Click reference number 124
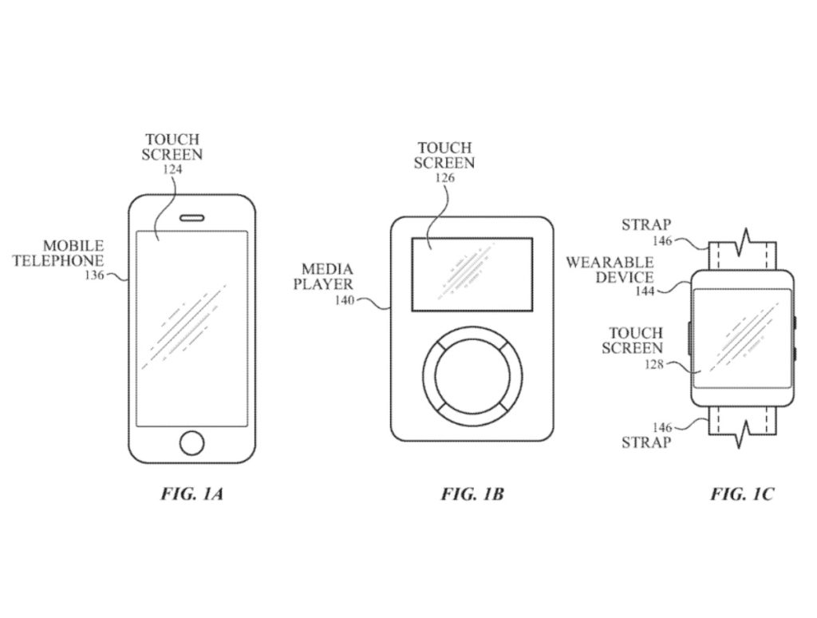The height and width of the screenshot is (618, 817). coord(172,169)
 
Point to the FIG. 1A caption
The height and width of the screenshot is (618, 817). coord(192,494)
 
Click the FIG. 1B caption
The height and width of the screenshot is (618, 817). coord(472,494)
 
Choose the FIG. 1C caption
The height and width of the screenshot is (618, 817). coord(742,494)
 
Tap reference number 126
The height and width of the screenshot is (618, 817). coord(444,179)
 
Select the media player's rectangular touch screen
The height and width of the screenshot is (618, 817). coord(472,274)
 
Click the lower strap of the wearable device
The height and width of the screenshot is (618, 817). coord(742,423)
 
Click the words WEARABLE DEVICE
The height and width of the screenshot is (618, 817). coord(622,270)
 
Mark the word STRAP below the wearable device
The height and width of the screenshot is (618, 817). coord(646,442)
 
